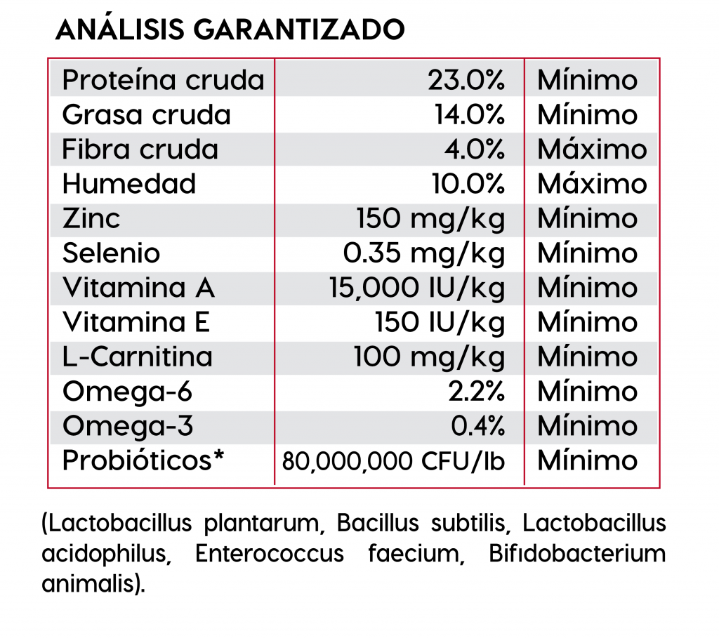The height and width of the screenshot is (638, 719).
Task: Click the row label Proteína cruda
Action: [x=163, y=81]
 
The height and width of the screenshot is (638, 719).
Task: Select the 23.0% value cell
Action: [x=466, y=81]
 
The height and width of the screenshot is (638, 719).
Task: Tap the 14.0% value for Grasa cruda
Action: [x=470, y=115]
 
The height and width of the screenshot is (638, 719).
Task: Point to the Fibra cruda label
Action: [x=140, y=149]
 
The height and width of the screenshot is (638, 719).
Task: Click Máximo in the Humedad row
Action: [x=592, y=184]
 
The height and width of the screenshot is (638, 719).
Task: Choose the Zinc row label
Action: [x=91, y=218]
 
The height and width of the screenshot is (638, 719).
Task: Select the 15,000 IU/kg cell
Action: [x=417, y=288]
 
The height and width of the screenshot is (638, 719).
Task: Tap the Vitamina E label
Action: [x=136, y=322]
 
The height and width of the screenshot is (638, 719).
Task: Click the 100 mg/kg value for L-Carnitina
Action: [x=429, y=357]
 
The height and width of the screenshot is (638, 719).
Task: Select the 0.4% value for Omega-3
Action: [x=477, y=425]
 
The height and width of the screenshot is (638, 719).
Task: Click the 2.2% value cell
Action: [x=477, y=391]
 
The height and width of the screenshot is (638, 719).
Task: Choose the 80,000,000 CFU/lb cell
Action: [x=393, y=461]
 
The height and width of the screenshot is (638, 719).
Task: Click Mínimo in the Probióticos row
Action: [x=587, y=460]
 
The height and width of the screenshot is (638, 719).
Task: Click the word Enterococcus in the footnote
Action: [x=270, y=554]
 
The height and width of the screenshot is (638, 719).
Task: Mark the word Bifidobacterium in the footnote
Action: [x=576, y=554]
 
